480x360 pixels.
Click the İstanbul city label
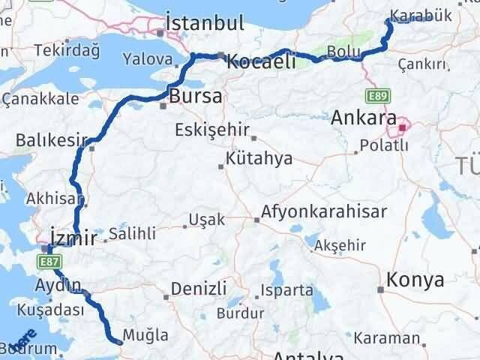point(205,22)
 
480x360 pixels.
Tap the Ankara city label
point(364,117)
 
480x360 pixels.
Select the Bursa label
point(196,96)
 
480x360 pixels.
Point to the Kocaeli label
point(260,61)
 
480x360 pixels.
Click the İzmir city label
point(73,238)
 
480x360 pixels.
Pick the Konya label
point(415,280)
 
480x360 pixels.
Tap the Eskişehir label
point(211,130)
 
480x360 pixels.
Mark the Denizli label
point(199,288)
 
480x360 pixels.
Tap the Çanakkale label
point(41,98)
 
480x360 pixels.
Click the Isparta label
point(287,289)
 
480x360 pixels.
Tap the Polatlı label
point(384,145)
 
